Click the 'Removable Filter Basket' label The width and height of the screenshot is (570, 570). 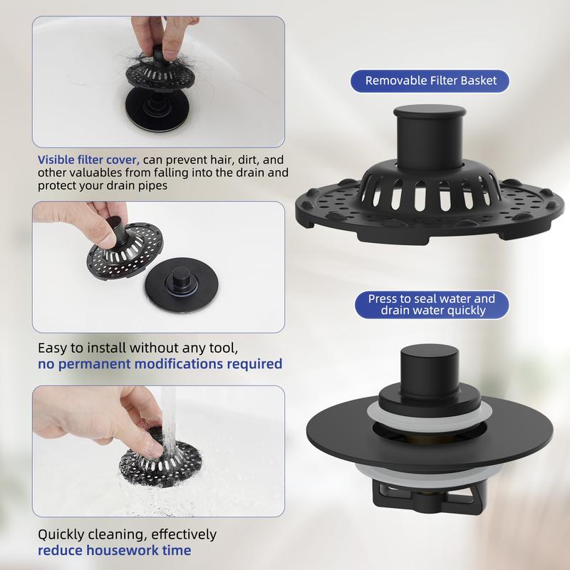click(430, 81)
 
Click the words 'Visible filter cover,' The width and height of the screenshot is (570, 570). click(88, 160)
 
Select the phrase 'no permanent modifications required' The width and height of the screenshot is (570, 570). click(160, 363)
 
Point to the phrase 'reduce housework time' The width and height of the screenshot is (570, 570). click(115, 550)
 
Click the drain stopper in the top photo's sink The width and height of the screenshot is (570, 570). click(157, 109)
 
